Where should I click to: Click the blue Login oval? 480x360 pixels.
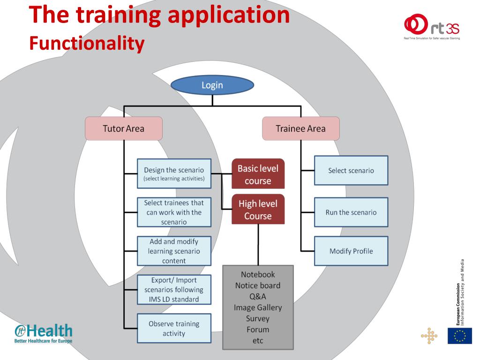tap(212, 85)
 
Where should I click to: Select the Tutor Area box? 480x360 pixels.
tap(124, 128)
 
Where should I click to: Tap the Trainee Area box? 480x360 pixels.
tap(300, 128)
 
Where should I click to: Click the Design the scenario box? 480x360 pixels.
tap(174, 173)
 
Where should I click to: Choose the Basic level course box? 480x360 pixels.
tap(258, 174)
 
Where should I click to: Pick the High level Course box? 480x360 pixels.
tap(258, 210)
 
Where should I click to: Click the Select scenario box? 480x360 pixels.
tap(351, 170)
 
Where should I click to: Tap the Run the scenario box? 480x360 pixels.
tap(351, 212)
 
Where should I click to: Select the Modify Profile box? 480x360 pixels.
tap(351, 251)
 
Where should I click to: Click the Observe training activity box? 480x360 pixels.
tap(174, 329)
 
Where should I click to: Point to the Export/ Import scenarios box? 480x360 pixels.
tap(174, 290)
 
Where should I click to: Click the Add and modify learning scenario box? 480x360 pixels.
tap(174, 251)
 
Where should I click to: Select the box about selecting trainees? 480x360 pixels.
tap(174, 212)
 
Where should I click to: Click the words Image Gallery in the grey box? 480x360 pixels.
tap(258, 307)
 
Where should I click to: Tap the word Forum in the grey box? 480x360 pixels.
tap(258, 330)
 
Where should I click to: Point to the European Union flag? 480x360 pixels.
tap(459, 336)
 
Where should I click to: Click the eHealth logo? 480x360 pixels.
tap(44, 333)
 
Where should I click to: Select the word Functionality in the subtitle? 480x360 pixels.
tap(87, 43)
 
